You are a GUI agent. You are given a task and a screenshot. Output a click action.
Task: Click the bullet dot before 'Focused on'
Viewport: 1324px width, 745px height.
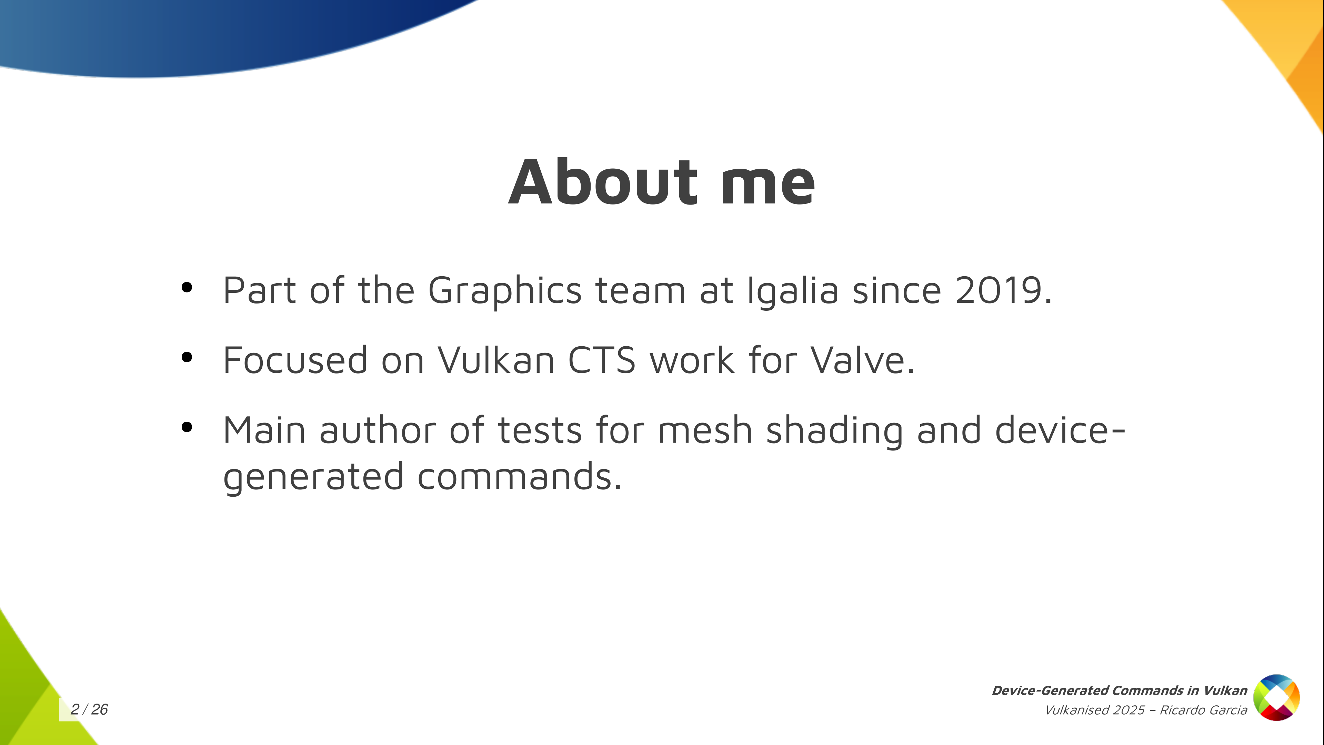[x=187, y=357]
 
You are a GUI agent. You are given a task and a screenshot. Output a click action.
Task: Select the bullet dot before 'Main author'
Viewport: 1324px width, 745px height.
[x=187, y=427]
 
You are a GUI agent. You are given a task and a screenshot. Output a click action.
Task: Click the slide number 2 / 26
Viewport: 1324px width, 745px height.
[x=89, y=709]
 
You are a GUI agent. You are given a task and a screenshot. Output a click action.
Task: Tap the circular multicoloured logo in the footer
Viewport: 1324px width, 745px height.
[x=1277, y=698]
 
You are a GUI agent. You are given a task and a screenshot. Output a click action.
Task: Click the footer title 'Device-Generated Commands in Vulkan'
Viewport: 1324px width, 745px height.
[x=1120, y=691]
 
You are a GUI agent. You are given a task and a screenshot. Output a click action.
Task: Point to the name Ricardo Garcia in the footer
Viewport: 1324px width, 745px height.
[x=1203, y=710]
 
